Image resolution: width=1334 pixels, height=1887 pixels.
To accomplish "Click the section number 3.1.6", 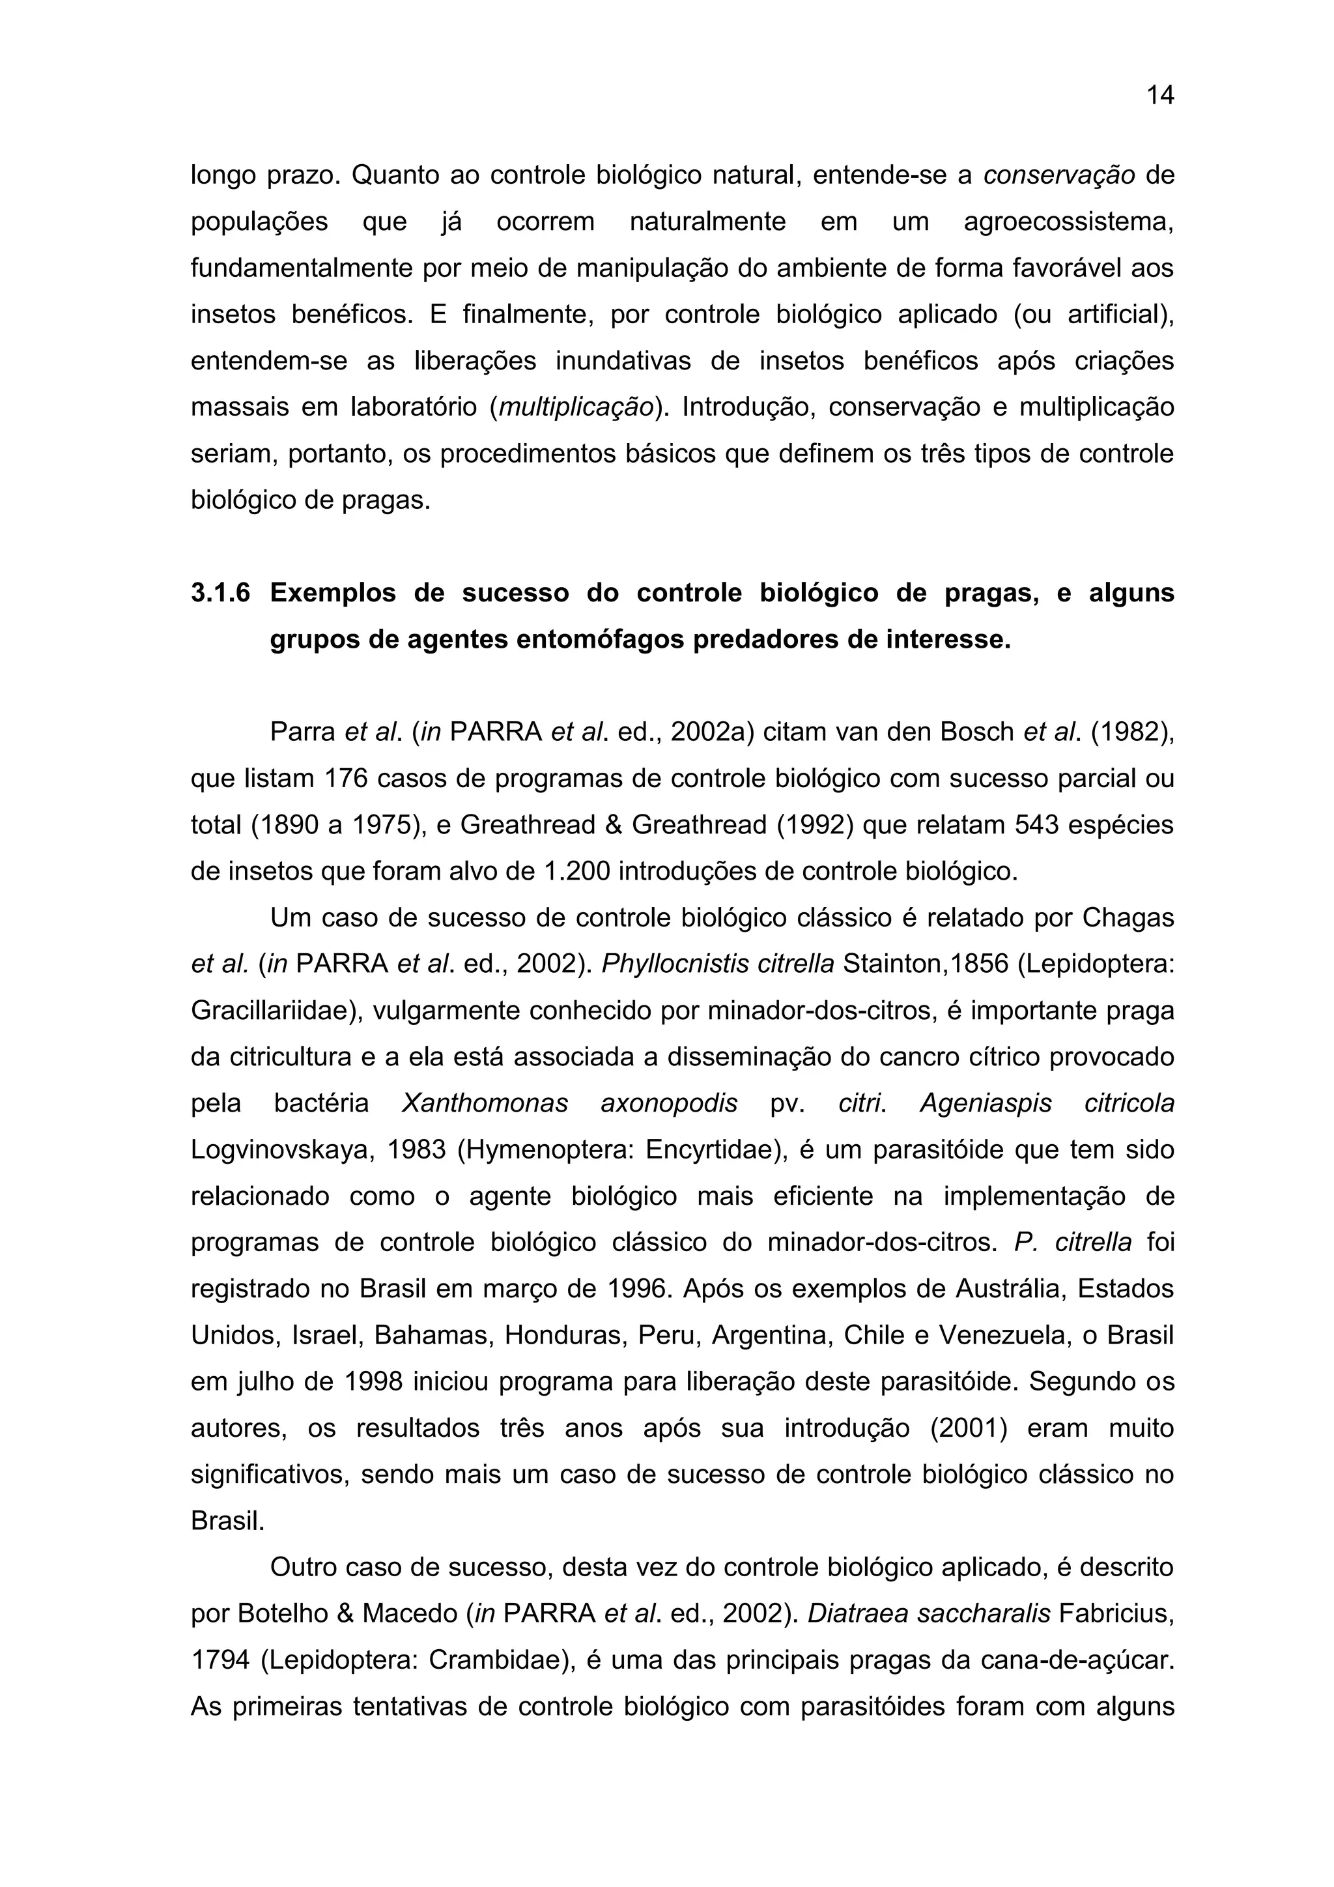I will (220, 592).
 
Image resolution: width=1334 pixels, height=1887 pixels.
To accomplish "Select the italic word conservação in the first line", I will (1059, 175).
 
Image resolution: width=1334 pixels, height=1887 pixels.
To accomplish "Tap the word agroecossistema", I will (1068, 222).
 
